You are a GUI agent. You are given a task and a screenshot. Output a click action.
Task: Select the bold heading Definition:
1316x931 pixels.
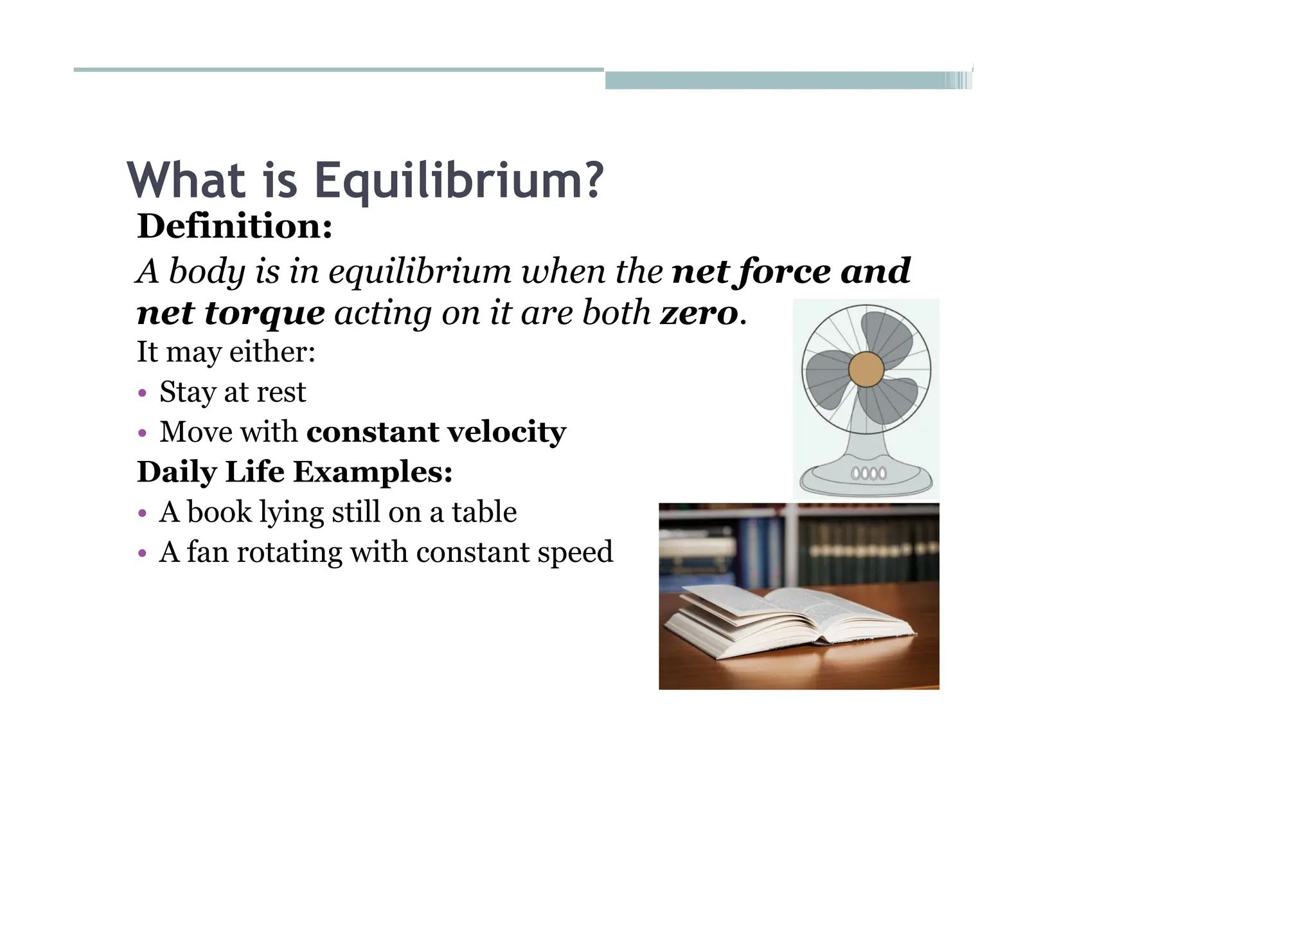point(235,226)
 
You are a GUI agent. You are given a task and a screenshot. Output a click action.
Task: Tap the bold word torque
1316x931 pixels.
point(265,314)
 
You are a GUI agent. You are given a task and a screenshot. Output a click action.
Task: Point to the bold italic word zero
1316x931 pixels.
point(699,314)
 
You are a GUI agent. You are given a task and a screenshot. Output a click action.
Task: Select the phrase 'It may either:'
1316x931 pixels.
point(226,352)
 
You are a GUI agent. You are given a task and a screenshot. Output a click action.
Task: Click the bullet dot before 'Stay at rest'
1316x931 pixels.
point(143,393)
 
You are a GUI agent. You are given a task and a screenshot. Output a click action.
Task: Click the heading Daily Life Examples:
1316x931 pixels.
point(295,472)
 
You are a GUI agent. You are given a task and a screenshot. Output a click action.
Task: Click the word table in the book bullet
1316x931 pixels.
point(484,512)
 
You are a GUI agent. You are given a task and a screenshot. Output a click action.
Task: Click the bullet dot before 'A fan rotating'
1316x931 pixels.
point(143,553)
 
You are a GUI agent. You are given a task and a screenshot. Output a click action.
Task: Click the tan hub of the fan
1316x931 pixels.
point(866,370)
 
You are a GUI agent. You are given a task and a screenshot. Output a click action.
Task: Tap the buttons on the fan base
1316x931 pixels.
point(868,474)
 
